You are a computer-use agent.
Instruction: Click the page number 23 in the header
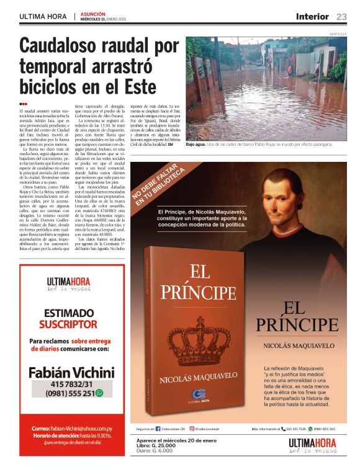[x=341, y=17]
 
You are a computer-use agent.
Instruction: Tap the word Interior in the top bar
[x=313, y=17]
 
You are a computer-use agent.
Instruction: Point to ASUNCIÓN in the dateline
[x=92, y=13]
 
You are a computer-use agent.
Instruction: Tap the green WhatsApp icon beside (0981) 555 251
[x=99, y=393]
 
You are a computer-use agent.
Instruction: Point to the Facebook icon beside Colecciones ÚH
[x=158, y=429]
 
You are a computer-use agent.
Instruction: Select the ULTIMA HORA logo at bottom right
[x=312, y=445]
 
